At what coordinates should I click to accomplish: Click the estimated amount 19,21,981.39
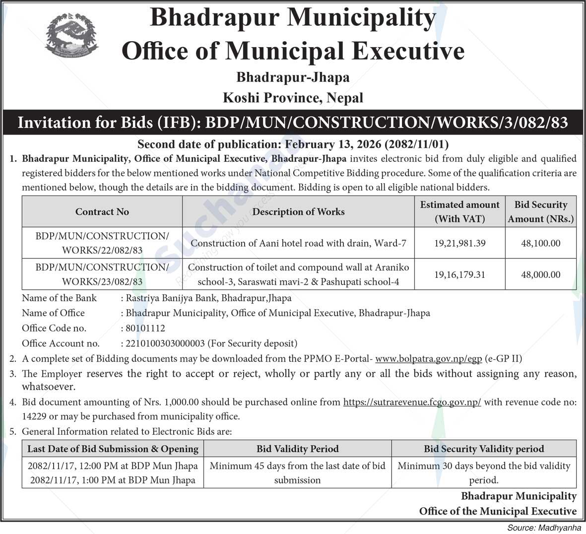click(459, 243)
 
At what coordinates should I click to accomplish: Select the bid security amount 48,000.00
click(541, 274)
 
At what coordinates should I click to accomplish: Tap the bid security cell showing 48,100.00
click(541, 243)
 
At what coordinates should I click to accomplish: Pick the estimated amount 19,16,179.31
click(459, 274)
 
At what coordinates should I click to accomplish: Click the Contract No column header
click(102, 212)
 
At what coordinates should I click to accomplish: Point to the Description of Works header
click(298, 212)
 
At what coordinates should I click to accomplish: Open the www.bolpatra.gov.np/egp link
click(428, 358)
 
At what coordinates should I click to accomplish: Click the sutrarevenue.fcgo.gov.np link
click(412, 402)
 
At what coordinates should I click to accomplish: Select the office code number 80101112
click(145, 328)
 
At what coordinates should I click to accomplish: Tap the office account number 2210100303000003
click(165, 343)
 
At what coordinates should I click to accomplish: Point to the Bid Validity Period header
click(297, 449)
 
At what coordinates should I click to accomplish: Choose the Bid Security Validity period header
click(484, 449)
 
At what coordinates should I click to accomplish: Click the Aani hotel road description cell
click(298, 243)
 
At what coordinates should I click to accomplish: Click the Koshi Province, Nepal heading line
click(293, 98)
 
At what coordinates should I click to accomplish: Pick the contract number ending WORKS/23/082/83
click(102, 274)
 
